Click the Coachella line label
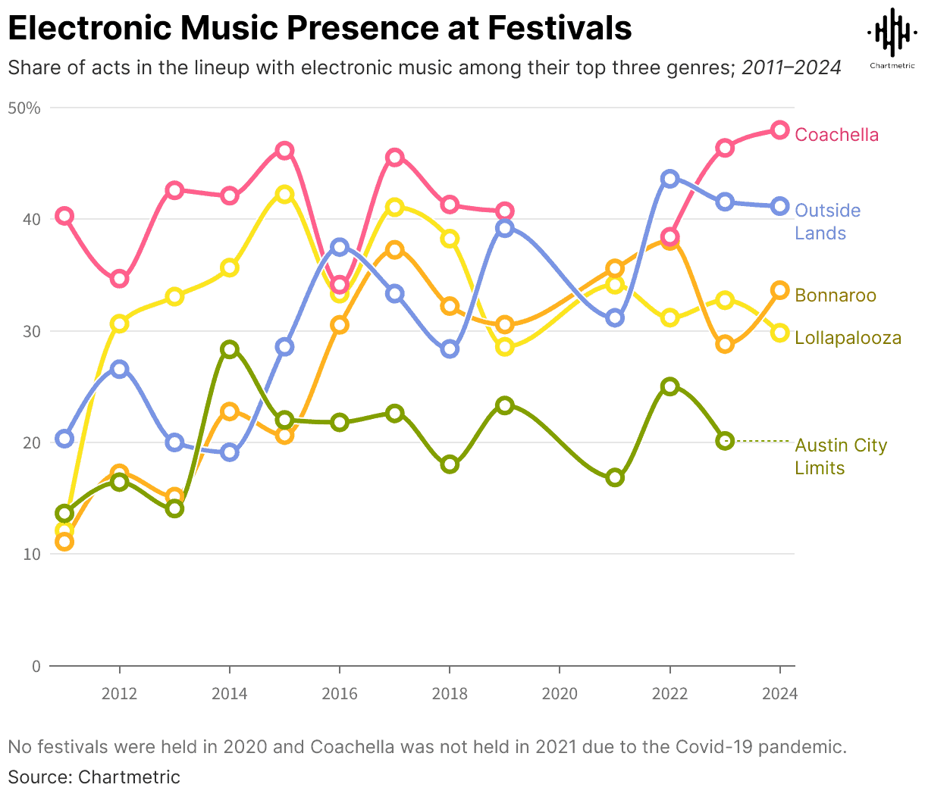[836, 135]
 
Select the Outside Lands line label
[827, 221]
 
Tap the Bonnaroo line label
[836, 295]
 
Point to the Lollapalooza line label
[848, 338]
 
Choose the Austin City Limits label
[840, 456]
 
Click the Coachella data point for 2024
[779, 130]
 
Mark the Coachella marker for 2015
[284, 150]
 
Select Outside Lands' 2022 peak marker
[669, 179]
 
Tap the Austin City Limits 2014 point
[230, 349]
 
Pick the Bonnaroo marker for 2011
[64, 542]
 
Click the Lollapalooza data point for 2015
[284, 194]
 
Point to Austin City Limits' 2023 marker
[725, 441]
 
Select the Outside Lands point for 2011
[64, 439]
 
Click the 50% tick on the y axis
[24, 108]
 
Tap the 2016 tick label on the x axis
[340, 693]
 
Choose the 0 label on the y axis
[36, 666]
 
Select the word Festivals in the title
[559, 29]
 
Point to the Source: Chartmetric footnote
[94, 777]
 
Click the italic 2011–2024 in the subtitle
[791, 67]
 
